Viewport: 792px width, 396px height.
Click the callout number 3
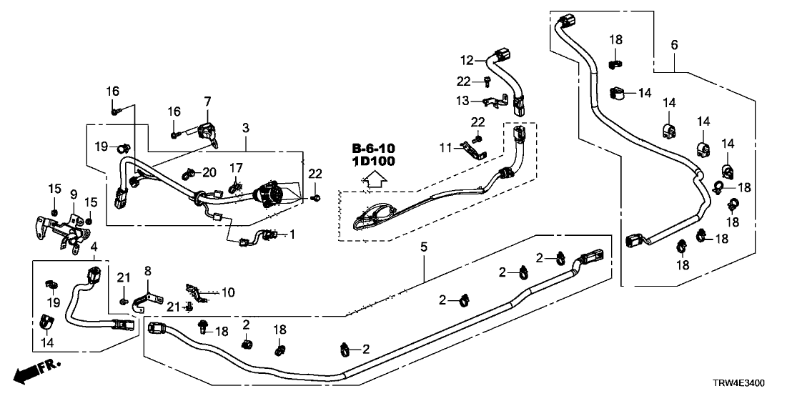pyautogui.click(x=245, y=128)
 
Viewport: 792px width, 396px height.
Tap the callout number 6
pyautogui.click(x=674, y=45)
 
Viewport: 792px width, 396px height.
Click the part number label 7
pyautogui.click(x=207, y=102)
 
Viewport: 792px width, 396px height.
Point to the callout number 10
pyautogui.click(x=228, y=292)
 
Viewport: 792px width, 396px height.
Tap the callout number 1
pyautogui.click(x=291, y=233)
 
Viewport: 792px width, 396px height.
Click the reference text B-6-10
pyautogui.click(x=373, y=148)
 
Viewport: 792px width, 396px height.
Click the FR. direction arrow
pyautogui.click(x=36, y=371)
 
